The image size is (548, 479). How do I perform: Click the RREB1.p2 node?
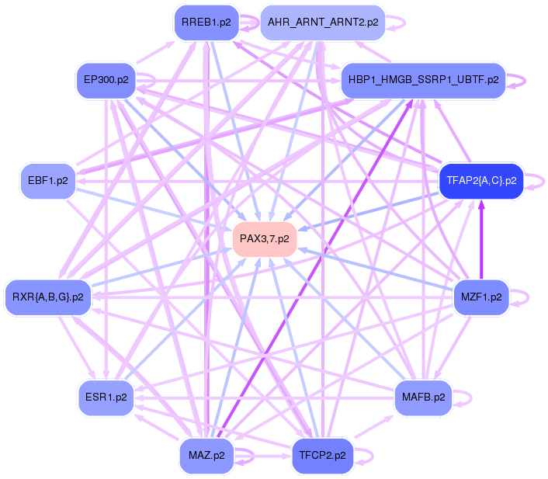206,22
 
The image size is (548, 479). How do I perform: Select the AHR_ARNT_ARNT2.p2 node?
323,22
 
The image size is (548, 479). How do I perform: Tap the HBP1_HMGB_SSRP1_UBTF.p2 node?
423,80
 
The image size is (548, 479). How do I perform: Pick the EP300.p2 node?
106,80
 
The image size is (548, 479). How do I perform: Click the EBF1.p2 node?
47,181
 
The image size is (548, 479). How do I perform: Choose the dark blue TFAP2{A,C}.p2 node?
481,181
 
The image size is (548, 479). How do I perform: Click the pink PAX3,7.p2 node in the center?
264,238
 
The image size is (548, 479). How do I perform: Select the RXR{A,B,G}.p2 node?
48,297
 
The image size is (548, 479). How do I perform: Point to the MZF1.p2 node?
480,297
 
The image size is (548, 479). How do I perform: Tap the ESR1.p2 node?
106,397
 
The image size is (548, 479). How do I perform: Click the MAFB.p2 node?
423,397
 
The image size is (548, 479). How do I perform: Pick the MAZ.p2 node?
206,455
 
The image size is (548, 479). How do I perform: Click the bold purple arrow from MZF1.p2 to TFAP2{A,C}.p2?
481,237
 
